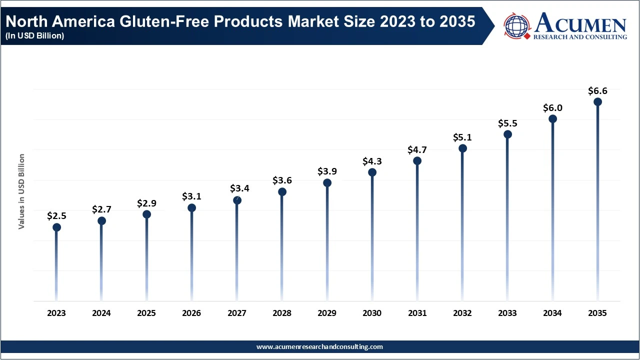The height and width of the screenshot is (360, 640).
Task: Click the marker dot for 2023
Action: pyautogui.click(x=56, y=227)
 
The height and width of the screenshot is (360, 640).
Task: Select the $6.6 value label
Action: pyautogui.click(x=597, y=91)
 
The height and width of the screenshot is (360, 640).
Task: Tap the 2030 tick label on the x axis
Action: pyautogui.click(x=372, y=313)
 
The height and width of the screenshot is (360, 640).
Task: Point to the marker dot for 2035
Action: pyautogui.click(x=597, y=102)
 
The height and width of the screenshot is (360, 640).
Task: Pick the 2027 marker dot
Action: pyautogui.click(x=237, y=200)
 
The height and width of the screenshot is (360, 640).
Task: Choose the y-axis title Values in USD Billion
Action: pyautogui.click(x=21, y=191)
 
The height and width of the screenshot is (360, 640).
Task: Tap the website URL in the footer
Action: pyautogui.click(x=319, y=346)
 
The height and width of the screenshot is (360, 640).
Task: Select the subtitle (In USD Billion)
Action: pyautogui.click(x=34, y=36)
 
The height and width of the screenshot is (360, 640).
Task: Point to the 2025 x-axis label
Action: pyautogui.click(x=146, y=313)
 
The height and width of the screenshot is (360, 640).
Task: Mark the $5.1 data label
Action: pyautogui.click(x=462, y=137)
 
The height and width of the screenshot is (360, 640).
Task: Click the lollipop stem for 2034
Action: pyautogui.click(x=552, y=210)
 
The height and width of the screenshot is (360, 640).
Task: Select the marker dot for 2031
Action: pyautogui.click(x=417, y=161)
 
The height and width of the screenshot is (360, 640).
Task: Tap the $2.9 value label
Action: pyautogui.click(x=147, y=203)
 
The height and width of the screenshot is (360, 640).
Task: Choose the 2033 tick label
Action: pyautogui.click(x=507, y=313)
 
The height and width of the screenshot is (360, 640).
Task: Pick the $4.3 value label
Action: pyautogui.click(x=372, y=161)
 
